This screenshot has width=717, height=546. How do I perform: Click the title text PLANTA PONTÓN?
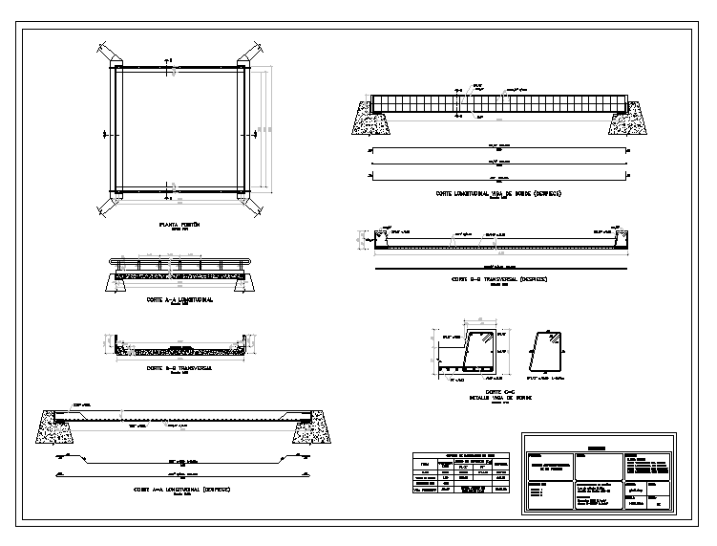click(x=179, y=225)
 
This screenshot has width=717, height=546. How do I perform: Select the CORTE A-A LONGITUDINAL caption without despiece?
click(x=179, y=299)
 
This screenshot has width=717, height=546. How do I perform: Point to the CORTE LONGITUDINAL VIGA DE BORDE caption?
click(x=497, y=193)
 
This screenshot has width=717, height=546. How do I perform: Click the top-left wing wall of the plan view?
click(x=106, y=51)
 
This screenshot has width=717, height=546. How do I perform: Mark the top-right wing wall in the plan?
click(x=253, y=51)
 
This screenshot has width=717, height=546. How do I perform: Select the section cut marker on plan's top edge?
click(x=169, y=66)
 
